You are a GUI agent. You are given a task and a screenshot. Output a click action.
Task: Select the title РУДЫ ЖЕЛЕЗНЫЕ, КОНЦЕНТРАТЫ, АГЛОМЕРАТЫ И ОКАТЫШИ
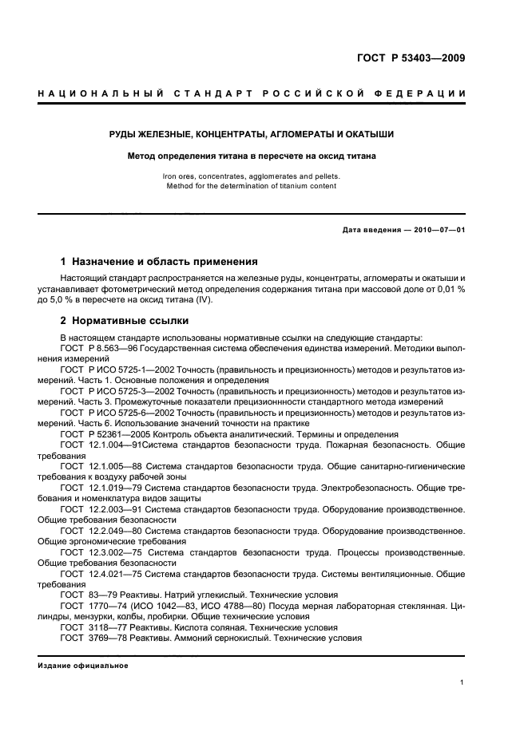252,135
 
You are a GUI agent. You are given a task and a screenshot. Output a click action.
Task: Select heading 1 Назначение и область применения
159,261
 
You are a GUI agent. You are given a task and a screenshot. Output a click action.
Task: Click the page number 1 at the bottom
462,682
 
